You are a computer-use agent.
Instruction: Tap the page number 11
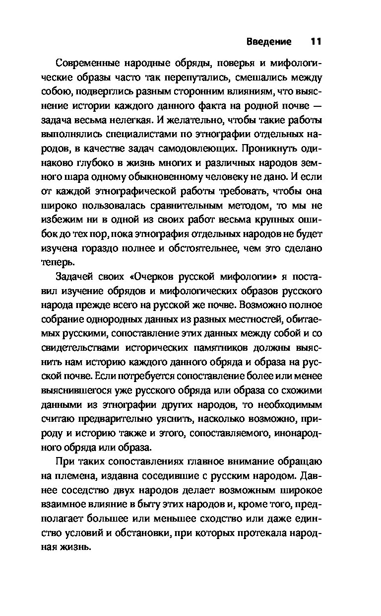tap(316, 41)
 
